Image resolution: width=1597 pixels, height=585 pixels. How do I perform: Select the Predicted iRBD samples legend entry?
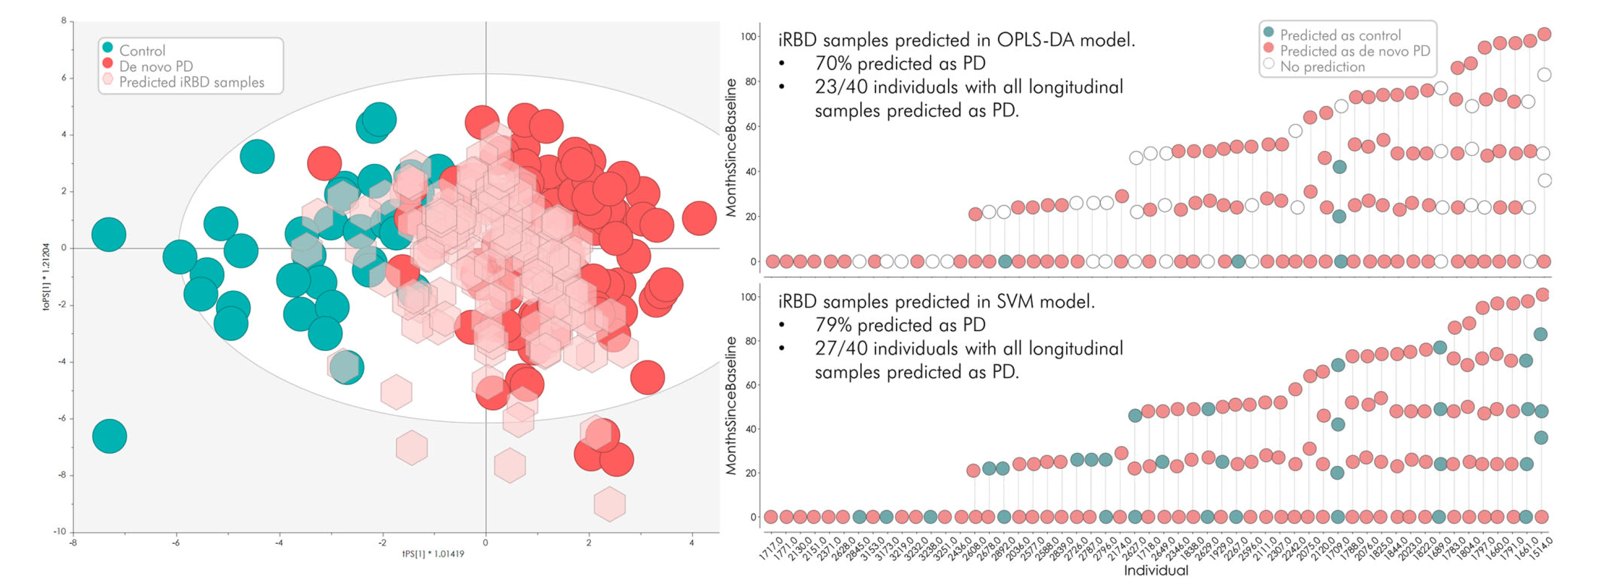coord(191,83)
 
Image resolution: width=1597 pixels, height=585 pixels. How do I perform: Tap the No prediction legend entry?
coord(1322,67)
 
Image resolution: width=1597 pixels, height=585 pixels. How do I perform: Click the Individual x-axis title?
coord(1156,571)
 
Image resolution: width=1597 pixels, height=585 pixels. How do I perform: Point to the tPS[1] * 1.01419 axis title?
coord(433,554)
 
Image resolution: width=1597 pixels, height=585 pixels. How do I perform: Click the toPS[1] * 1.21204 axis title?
coord(46,277)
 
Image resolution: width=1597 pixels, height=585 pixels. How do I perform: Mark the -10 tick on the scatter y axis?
coord(59,531)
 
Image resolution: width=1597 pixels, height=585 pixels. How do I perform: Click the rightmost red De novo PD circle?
coord(699,218)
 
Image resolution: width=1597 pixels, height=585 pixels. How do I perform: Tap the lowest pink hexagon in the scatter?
coord(609,504)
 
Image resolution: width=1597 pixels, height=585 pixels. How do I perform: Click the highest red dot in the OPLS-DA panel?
coord(1544,34)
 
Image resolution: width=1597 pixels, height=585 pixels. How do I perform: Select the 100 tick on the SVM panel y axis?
coord(749,297)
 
